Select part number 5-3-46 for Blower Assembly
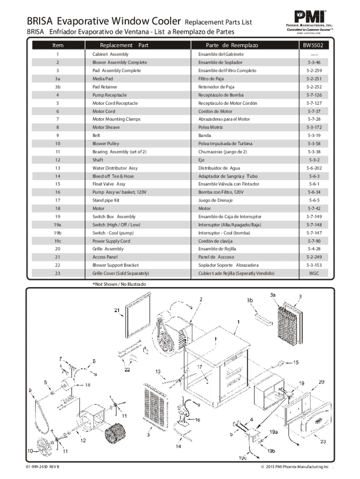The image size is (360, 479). [x=314, y=62]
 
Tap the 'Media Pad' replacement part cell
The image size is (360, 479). [x=103, y=79]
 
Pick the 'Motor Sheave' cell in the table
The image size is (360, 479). [x=106, y=127]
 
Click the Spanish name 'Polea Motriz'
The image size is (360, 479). [x=211, y=127]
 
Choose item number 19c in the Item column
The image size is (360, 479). [x=58, y=241]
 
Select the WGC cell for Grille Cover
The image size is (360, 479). [x=314, y=273]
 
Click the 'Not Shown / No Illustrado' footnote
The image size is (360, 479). [x=119, y=284]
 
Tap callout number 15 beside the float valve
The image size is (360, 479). [x=295, y=362]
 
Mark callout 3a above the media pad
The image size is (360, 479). [x=273, y=295]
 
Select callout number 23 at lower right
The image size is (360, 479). [x=323, y=441]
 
